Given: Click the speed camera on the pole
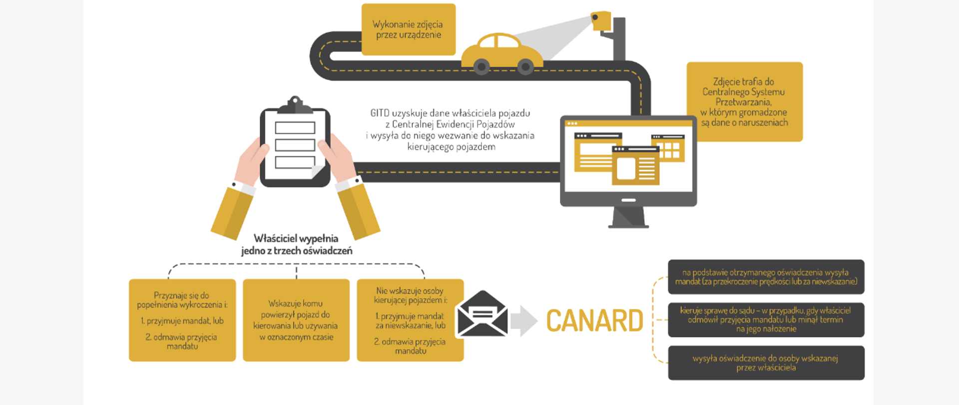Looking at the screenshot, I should pyautogui.click(x=601, y=20).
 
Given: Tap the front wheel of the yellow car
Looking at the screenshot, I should pyautogui.click(x=525, y=66).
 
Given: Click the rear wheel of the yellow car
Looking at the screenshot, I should pyautogui.click(x=481, y=66).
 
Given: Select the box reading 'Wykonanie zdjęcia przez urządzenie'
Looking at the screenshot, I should pyautogui.click(x=408, y=29).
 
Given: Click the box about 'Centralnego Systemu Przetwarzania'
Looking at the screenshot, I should pyautogui.click(x=744, y=102).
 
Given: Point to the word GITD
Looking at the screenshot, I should pyautogui.click(x=380, y=113).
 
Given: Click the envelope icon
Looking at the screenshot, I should pyautogui.click(x=482, y=314).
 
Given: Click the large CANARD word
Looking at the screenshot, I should pyautogui.click(x=594, y=320).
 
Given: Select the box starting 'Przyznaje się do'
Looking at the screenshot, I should pyautogui.click(x=182, y=320).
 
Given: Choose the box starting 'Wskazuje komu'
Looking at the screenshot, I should pyautogui.click(x=296, y=320).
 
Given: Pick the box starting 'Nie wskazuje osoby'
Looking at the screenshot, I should pyautogui.click(x=410, y=320).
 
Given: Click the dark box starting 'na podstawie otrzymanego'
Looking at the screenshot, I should pyautogui.click(x=766, y=277).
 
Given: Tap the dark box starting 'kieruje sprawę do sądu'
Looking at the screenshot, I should pyautogui.click(x=766, y=319).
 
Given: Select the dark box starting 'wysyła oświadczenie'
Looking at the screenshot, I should pyautogui.click(x=766, y=363).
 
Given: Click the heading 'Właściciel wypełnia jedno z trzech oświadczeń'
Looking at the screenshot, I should pyautogui.click(x=296, y=244).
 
